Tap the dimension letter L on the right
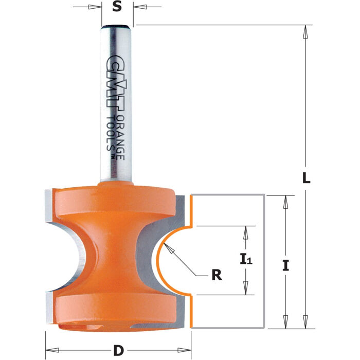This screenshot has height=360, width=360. tap(305, 178)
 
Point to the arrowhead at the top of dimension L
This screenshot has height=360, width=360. tap(305, 30)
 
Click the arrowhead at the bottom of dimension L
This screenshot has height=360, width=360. tap(305, 323)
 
